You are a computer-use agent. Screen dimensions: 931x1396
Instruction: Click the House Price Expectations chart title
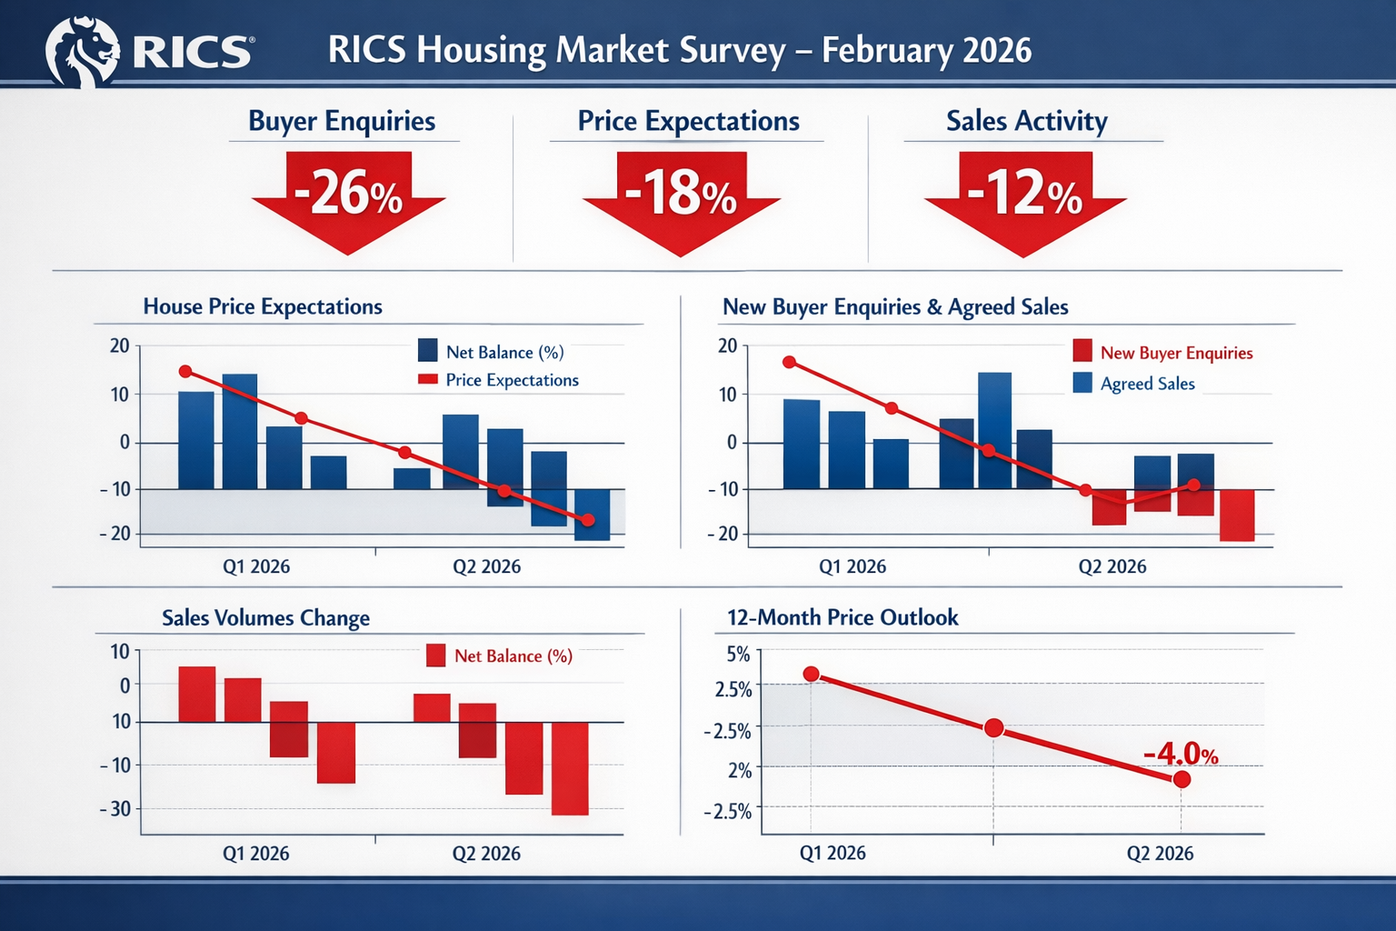(263, 306)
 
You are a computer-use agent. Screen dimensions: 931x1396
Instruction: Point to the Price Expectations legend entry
(511, 380)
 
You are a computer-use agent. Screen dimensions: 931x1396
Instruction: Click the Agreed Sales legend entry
(1147, 384)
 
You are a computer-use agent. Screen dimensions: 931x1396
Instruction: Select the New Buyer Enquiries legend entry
(1175, 353)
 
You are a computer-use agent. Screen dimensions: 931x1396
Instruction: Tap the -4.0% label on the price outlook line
(1180, 754)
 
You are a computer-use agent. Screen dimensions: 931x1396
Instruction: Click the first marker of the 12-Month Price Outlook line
(812, 674)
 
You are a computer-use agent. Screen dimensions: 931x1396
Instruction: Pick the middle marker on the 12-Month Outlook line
(993, 727)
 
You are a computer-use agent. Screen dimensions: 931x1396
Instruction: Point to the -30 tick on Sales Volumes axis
(115, 808)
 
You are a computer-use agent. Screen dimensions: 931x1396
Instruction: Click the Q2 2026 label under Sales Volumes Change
(486, 853)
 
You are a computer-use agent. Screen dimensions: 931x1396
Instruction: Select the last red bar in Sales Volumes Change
(570, 768)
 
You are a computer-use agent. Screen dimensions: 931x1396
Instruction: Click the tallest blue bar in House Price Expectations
(240, 431)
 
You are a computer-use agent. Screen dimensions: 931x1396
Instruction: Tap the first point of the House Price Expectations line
(185, 371)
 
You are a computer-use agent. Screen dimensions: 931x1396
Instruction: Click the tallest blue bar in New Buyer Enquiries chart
(994, 429)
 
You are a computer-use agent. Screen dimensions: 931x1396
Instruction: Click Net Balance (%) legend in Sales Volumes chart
(512, 656)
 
